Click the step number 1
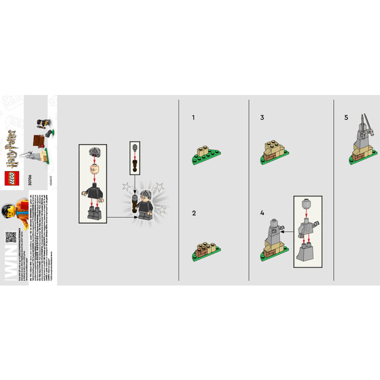193,117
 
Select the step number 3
262,117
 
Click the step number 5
346,117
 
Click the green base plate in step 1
204,159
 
